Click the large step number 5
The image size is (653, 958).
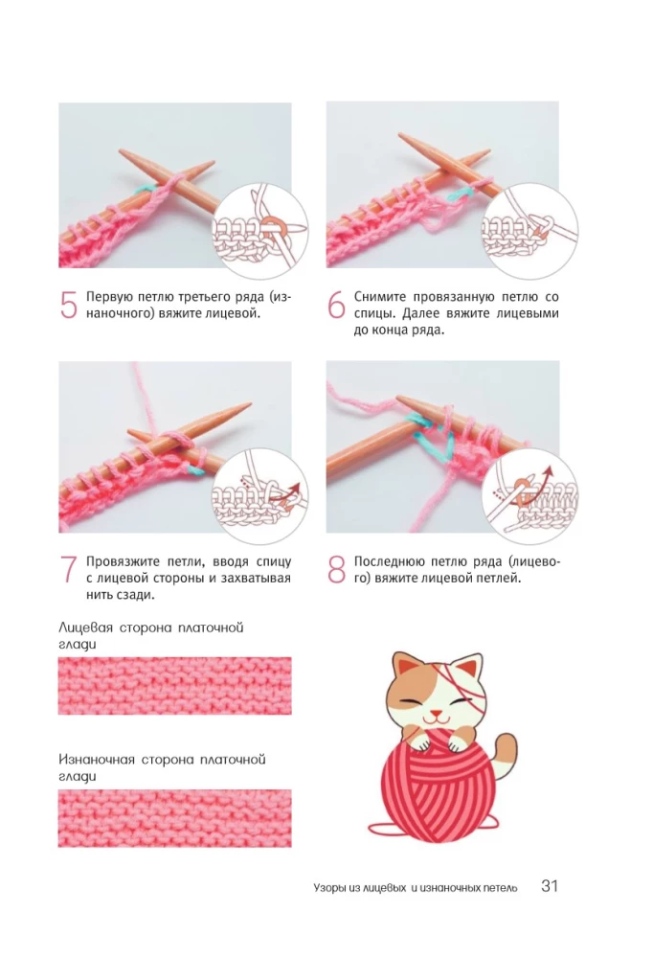coord(68,305)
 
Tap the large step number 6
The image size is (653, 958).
coord(336,305)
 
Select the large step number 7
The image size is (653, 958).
coord(68,569)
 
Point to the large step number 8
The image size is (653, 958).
coord(337,569)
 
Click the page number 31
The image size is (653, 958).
coord(550,886)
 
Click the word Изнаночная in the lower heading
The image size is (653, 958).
coord(97,760)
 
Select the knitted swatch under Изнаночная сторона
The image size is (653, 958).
coord(174,818)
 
